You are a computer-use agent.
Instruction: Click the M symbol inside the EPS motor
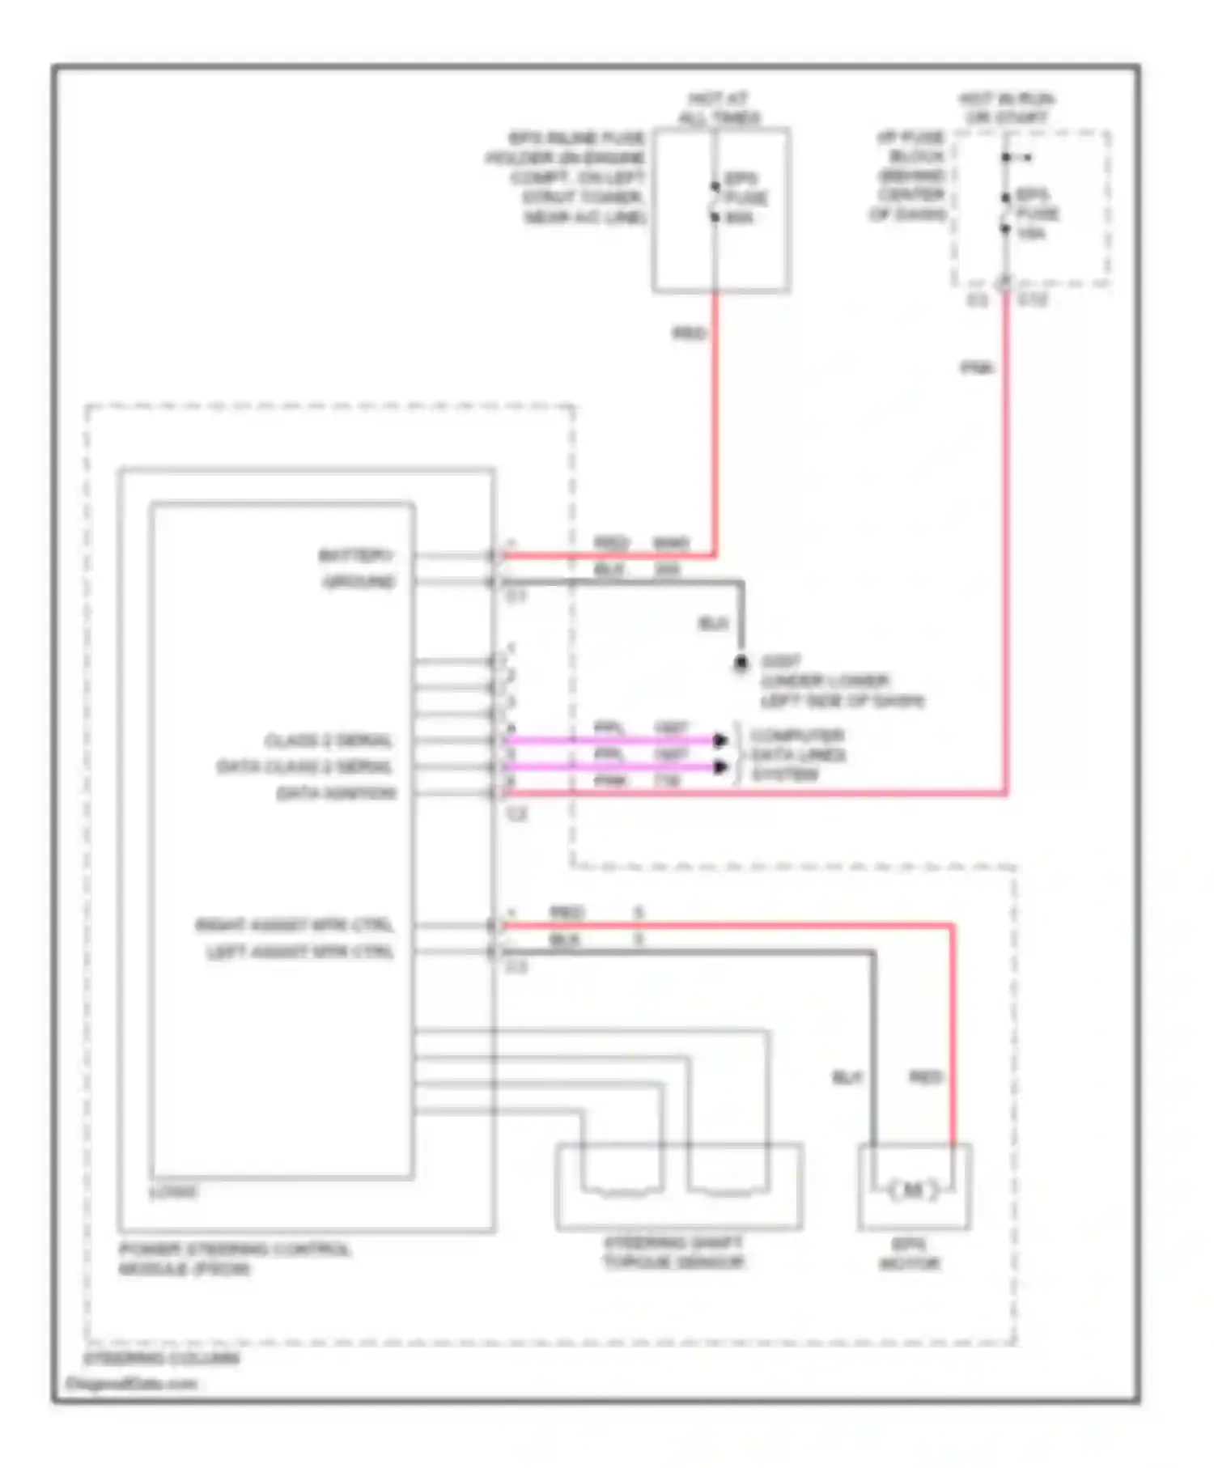(912, 1190)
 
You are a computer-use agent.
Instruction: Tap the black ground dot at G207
(741, 663)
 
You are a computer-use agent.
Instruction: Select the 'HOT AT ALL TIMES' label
(719, 108)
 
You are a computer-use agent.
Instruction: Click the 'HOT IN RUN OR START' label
(1006, 108)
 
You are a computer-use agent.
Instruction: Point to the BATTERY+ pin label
(356, 555)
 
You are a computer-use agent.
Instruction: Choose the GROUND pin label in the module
(359, 582)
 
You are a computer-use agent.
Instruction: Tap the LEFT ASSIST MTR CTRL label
(299, 952)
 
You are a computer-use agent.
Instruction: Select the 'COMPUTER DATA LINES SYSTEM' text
(797, 755)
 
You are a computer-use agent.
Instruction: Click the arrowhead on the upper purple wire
(719, 740)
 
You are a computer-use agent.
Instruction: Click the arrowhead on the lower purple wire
(719, 766)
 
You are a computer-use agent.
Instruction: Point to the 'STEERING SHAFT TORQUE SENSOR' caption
(673, 1253)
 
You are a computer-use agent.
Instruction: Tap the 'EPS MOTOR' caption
(910, 1254)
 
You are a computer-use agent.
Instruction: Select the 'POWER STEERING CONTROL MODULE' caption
(234, 1259)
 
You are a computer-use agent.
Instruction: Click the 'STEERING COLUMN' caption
(161, 1358)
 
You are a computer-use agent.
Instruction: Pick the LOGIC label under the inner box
(173, 1192)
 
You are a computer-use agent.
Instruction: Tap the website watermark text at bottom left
(131, 1384)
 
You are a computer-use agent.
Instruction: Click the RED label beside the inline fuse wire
(690, 333)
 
